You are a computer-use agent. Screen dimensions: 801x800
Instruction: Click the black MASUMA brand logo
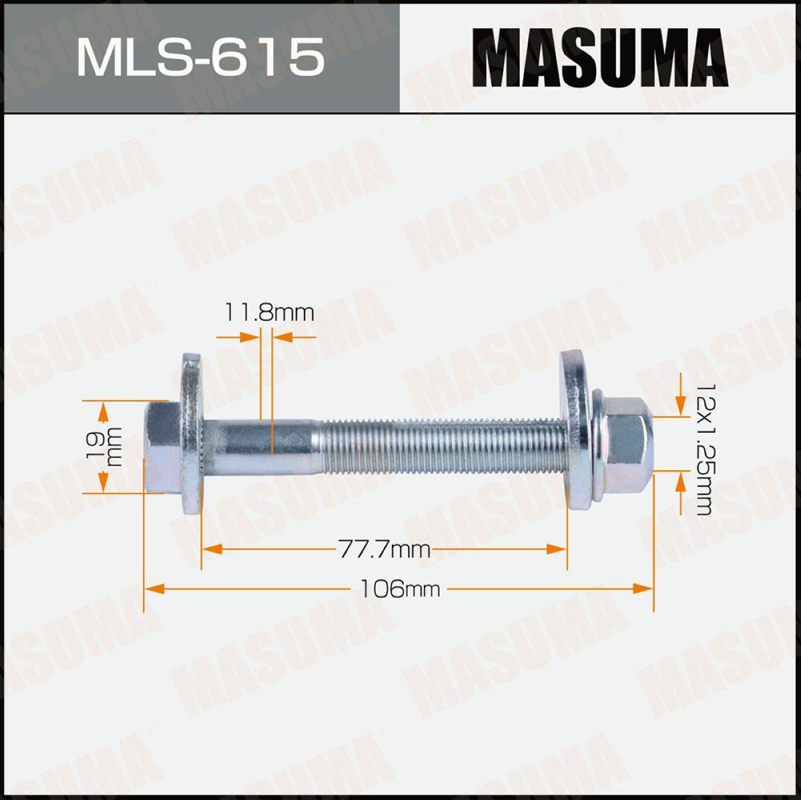(600, 57)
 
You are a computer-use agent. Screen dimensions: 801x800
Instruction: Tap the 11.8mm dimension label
(269, 313)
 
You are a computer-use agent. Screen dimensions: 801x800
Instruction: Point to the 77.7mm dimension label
(384, 550)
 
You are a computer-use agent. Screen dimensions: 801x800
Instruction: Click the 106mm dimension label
(399, 589)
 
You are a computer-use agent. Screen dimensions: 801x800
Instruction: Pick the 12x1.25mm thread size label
(702, 449)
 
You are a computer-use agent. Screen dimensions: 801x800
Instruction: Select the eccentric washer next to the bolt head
(191, 435)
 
